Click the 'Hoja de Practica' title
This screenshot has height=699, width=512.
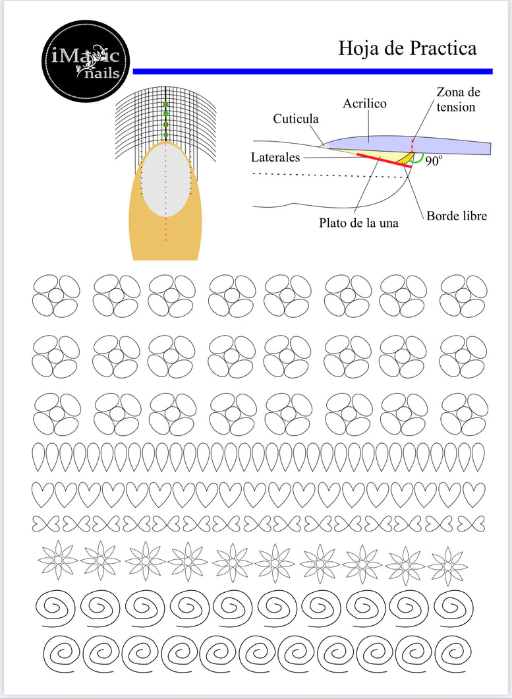click(407, 48)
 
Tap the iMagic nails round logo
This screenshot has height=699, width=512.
click(86, 61)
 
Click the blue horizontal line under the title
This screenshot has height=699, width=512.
click(312, 71)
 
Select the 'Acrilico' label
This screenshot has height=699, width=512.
click(364, 104)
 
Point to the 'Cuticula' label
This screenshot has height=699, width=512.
click(296, 119)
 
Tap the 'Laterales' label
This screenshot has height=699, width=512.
click(275, 157)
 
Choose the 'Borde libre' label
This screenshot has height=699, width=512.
click(457, 216)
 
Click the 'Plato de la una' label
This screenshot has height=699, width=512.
click(358, 222)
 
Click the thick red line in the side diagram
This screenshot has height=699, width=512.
click(384, 160)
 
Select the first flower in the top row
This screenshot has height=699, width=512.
click(56, 295)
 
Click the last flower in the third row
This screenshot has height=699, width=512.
click(465, 414)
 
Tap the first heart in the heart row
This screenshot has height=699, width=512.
click(43, 495)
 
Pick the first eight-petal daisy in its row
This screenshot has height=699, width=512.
click(58, 559)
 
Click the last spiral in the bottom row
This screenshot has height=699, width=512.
click(453, 653)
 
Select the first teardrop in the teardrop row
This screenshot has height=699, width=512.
click(39, 457)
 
